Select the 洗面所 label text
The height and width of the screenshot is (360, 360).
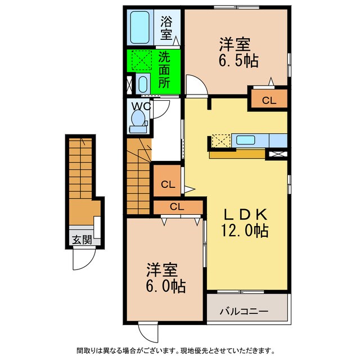point(164,69)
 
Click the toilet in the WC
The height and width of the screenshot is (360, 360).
point(137,120)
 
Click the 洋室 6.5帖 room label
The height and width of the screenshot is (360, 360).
point(235,52)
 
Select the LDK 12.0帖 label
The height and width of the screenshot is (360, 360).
point(246,222)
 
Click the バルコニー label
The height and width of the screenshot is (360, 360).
point(244,310)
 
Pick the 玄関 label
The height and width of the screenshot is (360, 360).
point(82,240)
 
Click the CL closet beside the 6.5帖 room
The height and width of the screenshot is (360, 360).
point(269,100)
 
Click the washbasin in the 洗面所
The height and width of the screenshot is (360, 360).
point(142,85)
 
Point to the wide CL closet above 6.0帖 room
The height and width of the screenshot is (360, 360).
point(177,206)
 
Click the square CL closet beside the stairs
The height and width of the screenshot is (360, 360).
point(166,183)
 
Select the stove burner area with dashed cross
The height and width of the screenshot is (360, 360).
point(220,140)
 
